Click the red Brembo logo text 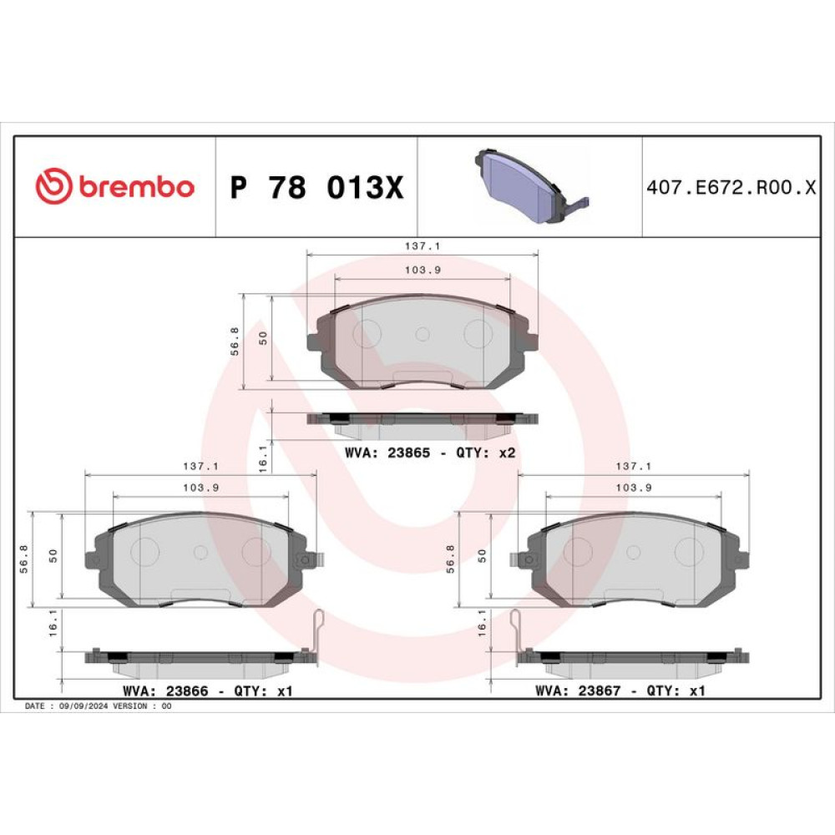pos(137,187)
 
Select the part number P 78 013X pos(316,187)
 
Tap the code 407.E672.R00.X pos(731,187)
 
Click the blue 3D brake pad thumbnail pos(532,185)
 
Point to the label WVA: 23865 pos(387,453)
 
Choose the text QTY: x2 pos(486,453)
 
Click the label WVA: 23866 pos(165,691)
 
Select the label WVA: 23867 pos(578,691)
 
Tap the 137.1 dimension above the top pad pos(423,246)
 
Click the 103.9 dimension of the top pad pos(423,270)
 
